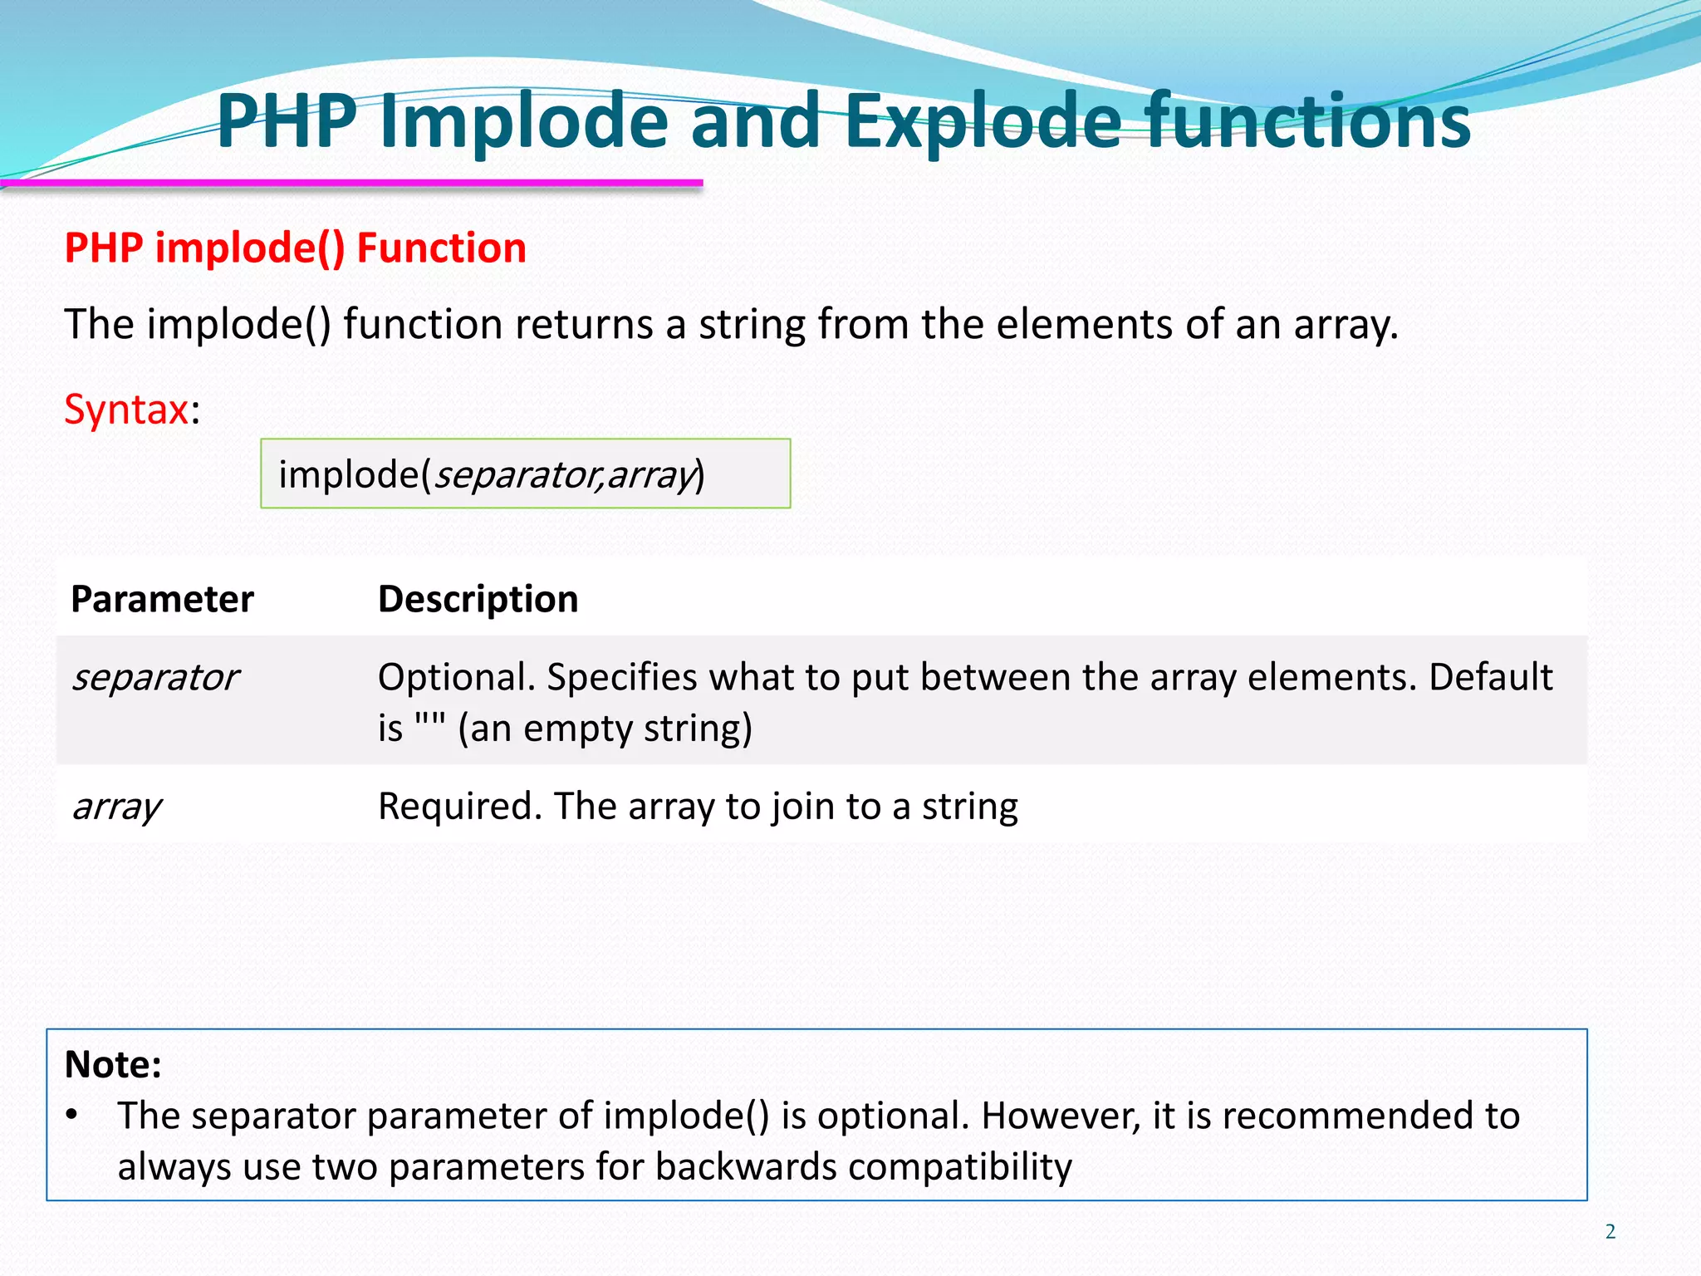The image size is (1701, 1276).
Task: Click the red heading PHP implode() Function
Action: (295, 248)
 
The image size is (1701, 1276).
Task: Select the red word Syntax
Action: (126, 410)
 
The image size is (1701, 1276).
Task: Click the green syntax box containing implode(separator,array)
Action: (525, 474)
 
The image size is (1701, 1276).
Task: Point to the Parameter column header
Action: (162, 599)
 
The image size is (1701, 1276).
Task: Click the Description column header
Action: (478, 599)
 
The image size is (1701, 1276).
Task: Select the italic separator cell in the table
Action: (155, 677)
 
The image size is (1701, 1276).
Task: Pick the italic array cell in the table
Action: (116, 807)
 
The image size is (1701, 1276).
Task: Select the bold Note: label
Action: (113, 1064)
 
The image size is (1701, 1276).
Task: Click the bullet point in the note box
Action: (72, 1115)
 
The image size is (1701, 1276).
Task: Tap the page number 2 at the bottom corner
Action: (1610, 1231)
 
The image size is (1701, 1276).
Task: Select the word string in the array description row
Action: (969, 807)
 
